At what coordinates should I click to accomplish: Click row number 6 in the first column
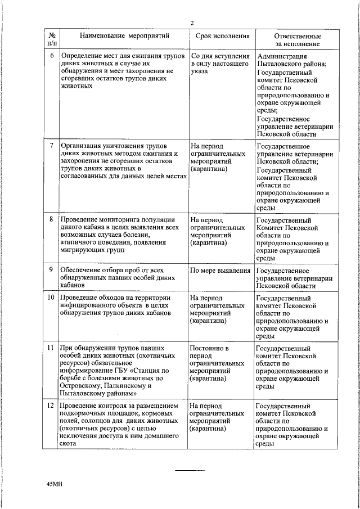(x=52, y=56)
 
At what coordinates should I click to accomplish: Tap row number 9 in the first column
(x=52, y=271)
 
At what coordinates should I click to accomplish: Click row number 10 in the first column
(x=51, y=297)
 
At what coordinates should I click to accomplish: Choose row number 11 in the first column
(x=51, y=349)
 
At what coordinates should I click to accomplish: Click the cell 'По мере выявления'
(x=220, y=271)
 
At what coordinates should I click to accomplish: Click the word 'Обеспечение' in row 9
(x=83, y=271)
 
